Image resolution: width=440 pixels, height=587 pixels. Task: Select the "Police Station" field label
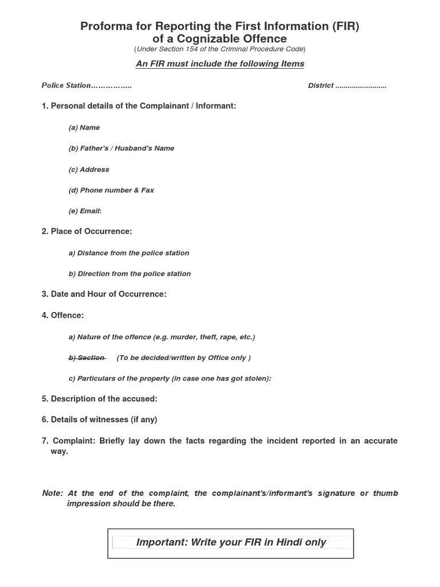pyautogui.click(x=66, y=85)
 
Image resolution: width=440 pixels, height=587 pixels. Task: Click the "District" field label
pyautogui.click(x=321, y=85)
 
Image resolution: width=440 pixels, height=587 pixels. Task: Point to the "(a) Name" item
pyautogui.click(x=84, y=127)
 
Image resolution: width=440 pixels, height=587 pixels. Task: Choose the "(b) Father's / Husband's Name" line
pyautogui.click(x=121, y=148)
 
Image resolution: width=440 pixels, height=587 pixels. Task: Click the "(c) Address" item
pyautogui.click(x=89, y=169)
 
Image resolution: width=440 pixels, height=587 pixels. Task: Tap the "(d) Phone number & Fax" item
pyautogui.click(x=111, y=190)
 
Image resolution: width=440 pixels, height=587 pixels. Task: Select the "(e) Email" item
pyautogui.click(x=85, y=211)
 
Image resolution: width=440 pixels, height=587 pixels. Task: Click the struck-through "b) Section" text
pyautogui.click(x=87, y=358)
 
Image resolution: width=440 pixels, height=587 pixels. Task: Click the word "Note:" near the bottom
pyautogui.click(x=52, y=493)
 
